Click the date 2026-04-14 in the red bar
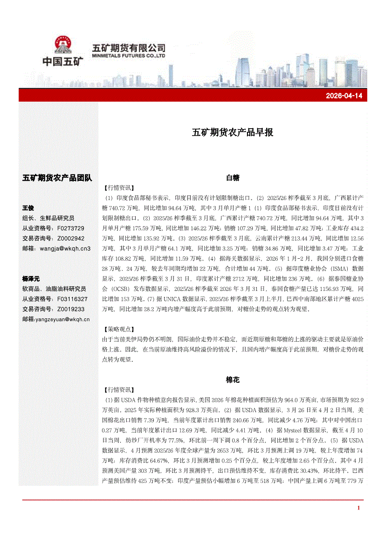[x=344, y=96]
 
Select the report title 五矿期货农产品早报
[x=233, y=132]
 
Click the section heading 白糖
[x=233, y=178]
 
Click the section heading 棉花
[x=233, y=380]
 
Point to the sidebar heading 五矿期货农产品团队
[x=57, y=178]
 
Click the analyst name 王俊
[x=28, y=208]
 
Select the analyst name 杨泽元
[x=31, y=278]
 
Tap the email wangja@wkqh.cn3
[x=65, y=248]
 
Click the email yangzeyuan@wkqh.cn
[x=62, y=319]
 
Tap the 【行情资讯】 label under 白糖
[x=119, y=188]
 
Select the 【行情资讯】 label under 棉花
[x=119, y=390]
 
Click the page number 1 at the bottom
[x=358, y=508]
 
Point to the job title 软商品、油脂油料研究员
[x=54, y=289]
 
